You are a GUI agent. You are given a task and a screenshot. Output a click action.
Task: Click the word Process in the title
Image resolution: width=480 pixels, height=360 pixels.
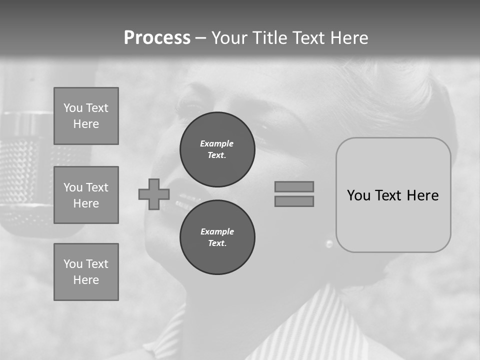coord(157,38)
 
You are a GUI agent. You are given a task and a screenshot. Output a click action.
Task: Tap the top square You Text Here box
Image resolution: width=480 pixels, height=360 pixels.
coord(86,116)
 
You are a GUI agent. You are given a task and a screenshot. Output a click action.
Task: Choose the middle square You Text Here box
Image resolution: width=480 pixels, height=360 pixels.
coord(86,195)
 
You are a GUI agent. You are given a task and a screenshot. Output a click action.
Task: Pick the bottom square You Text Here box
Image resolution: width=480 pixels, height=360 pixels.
coord(86,272)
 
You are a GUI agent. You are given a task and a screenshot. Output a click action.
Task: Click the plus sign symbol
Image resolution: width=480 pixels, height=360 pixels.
coord(153,194)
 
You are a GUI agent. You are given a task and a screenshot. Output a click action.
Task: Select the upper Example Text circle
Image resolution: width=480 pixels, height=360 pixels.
coord(217,149)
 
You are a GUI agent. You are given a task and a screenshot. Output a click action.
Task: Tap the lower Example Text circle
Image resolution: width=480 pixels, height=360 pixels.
coord(217,237)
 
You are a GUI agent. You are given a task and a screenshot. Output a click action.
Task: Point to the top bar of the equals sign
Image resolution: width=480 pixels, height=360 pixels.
coord(294,186)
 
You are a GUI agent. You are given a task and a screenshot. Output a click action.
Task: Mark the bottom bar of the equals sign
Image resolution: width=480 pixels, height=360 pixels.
coord(294,201)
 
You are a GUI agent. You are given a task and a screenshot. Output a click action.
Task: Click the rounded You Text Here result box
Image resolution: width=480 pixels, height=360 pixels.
coord(393,195)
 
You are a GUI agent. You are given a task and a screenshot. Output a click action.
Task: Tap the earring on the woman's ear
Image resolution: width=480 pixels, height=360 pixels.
coord(329,243)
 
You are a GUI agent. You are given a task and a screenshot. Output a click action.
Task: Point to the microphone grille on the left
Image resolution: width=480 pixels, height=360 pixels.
coord(25,165)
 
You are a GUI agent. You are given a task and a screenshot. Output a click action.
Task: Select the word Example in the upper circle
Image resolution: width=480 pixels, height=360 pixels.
coord(217,143)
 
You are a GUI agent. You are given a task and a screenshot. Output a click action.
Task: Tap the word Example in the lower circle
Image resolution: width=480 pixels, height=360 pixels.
coord(217,231)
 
